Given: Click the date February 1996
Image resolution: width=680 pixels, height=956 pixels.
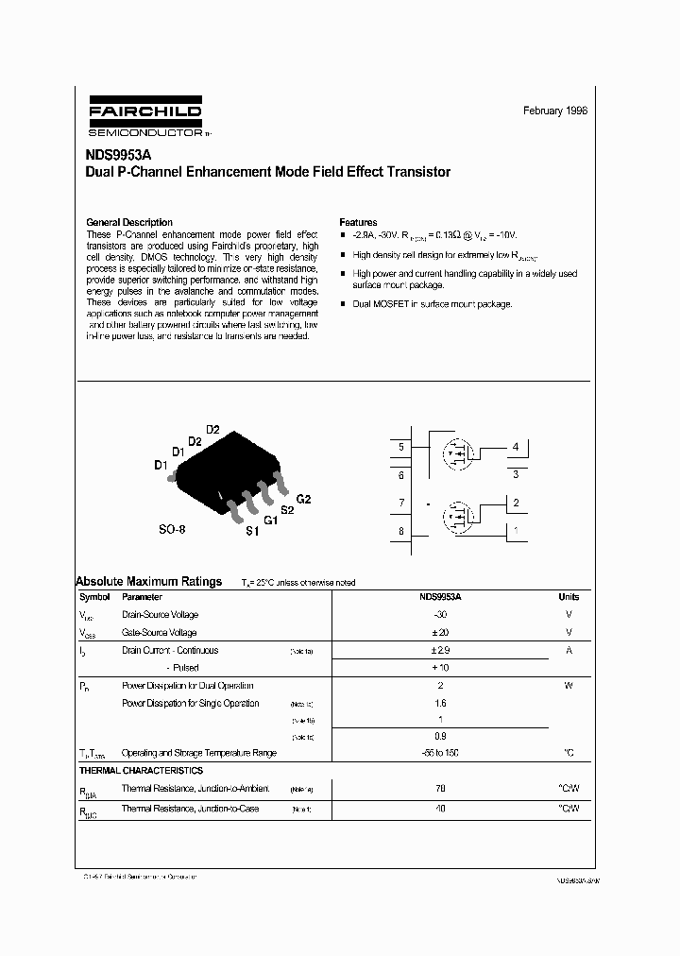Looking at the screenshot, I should (555, 111).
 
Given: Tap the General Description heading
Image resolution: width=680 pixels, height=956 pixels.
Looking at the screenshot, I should (129, 222).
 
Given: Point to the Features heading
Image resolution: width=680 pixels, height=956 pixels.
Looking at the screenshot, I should (358, 222).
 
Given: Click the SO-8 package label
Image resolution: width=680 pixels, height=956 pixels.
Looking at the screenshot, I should (172, 530).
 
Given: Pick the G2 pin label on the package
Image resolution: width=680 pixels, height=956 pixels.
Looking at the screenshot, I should (303, 499).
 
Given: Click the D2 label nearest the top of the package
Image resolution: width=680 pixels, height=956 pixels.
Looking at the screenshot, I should (212, 430).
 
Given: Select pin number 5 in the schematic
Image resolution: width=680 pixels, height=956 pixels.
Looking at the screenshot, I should (401, 447).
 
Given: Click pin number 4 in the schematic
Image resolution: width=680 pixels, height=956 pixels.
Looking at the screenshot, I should (515, 447).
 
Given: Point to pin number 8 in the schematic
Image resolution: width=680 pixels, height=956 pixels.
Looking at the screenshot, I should (401, 532).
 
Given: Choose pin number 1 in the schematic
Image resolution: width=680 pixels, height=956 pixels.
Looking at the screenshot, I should (515, 531).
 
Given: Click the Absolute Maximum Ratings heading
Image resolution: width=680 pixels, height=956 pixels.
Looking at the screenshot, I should (148, 582).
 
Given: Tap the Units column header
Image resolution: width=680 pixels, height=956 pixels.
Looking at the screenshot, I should (569, 597).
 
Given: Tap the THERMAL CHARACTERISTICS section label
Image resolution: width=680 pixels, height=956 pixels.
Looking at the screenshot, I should (140, 771).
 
